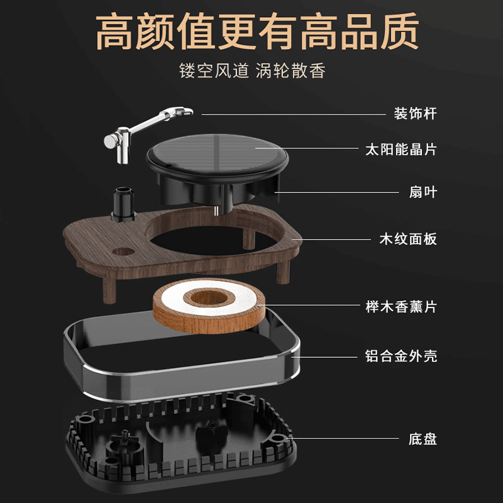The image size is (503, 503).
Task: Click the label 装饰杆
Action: [x=415, y=114]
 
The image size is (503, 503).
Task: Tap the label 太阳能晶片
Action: [x=401, y=150]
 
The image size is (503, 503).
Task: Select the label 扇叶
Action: [x=423, y=192]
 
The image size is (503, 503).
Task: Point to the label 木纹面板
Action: [x=408, y=240]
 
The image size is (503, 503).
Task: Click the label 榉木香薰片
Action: [x=401, y=307]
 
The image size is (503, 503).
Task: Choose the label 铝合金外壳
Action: [x=401, y=356]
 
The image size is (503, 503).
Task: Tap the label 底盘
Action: [x=423, y=439]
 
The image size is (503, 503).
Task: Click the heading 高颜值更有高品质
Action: [x=257, y=31]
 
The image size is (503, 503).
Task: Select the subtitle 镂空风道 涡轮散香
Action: [x=252, y=70]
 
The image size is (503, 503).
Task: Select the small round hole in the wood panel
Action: [x=123, y=251]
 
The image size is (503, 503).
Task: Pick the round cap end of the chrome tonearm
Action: [x=109, y=141]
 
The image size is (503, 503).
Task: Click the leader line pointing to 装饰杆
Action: [x=294, y=114]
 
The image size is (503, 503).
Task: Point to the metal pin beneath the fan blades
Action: [x=217, y=210]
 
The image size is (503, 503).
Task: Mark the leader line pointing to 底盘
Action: [x=343, y=438]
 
